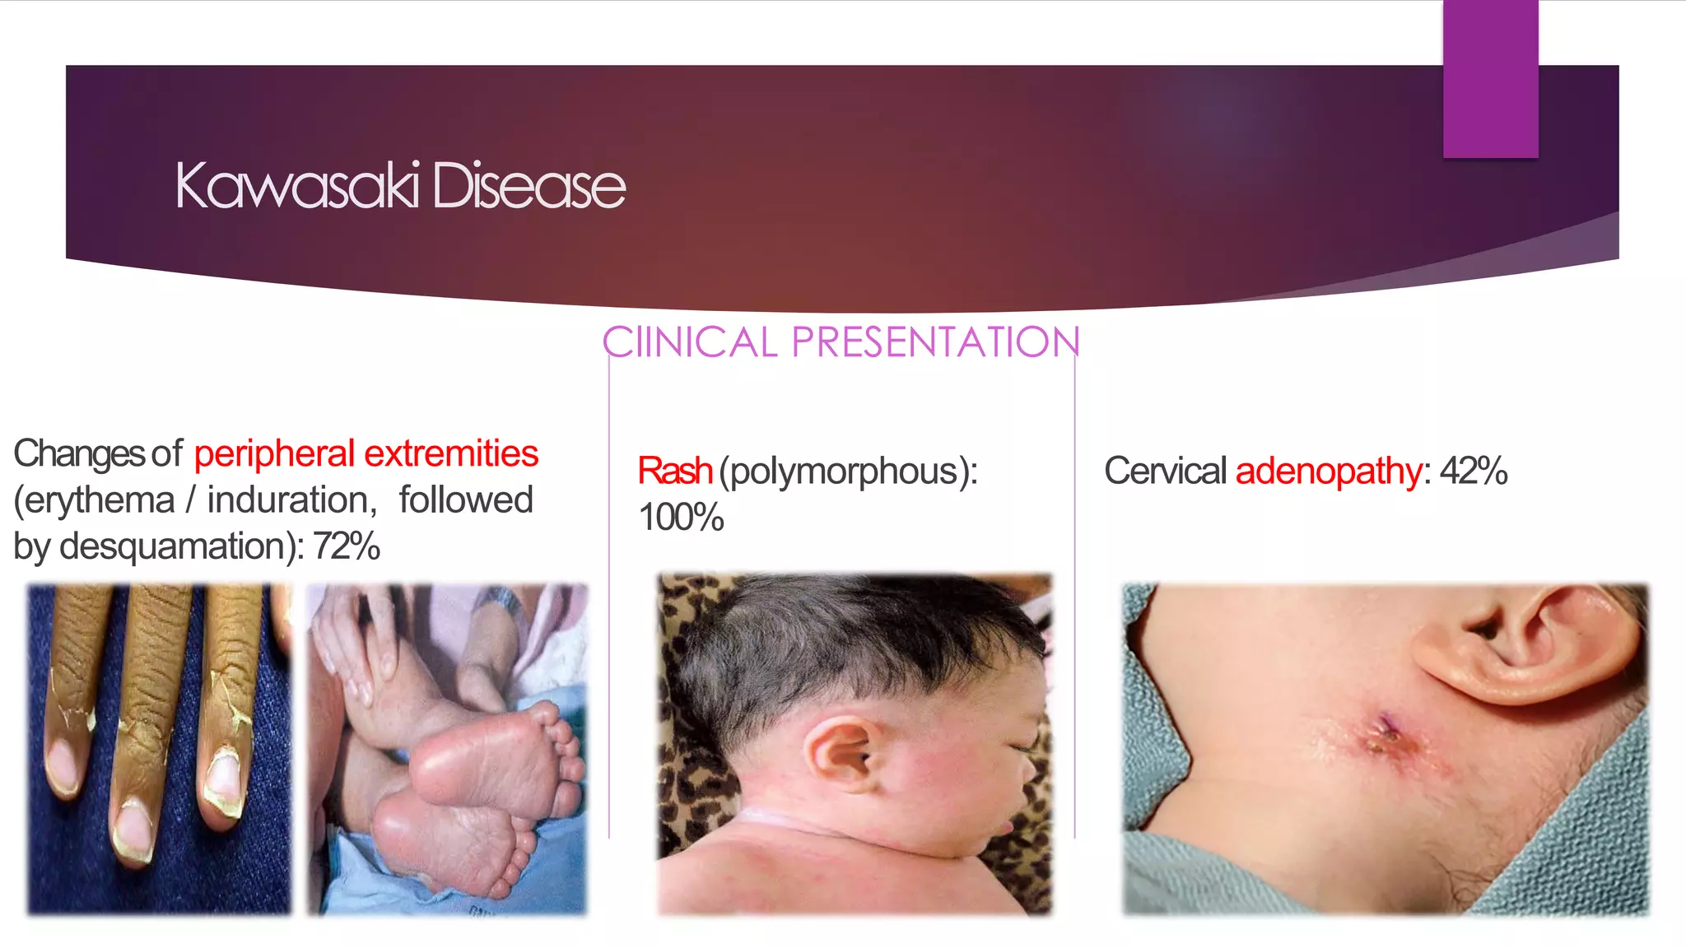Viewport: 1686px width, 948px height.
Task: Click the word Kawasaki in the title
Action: click(x=298, y=186)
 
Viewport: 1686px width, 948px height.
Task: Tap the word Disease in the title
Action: click(x=529, y=186)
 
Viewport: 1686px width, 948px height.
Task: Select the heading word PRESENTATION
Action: click(x=935, y=342)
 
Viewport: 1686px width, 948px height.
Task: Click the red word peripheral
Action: click(x=274, y=454)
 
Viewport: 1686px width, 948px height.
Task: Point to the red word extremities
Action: click(x=451, y=454)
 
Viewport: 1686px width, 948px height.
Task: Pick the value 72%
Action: click(x=346, y=546)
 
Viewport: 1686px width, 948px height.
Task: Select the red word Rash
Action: click(x=675, y=472)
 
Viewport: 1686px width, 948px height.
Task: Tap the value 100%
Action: click(x=681, y=518)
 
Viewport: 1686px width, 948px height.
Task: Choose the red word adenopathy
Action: click(x=1329, y=472)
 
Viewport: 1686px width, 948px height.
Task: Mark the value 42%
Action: click(x=1474, y=472)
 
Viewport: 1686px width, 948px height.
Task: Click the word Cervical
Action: click(x=1166, y=472)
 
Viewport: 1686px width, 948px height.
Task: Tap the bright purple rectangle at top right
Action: click(x=1490, y=78)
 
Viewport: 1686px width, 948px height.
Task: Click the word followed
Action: click(x=466, y=500)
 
